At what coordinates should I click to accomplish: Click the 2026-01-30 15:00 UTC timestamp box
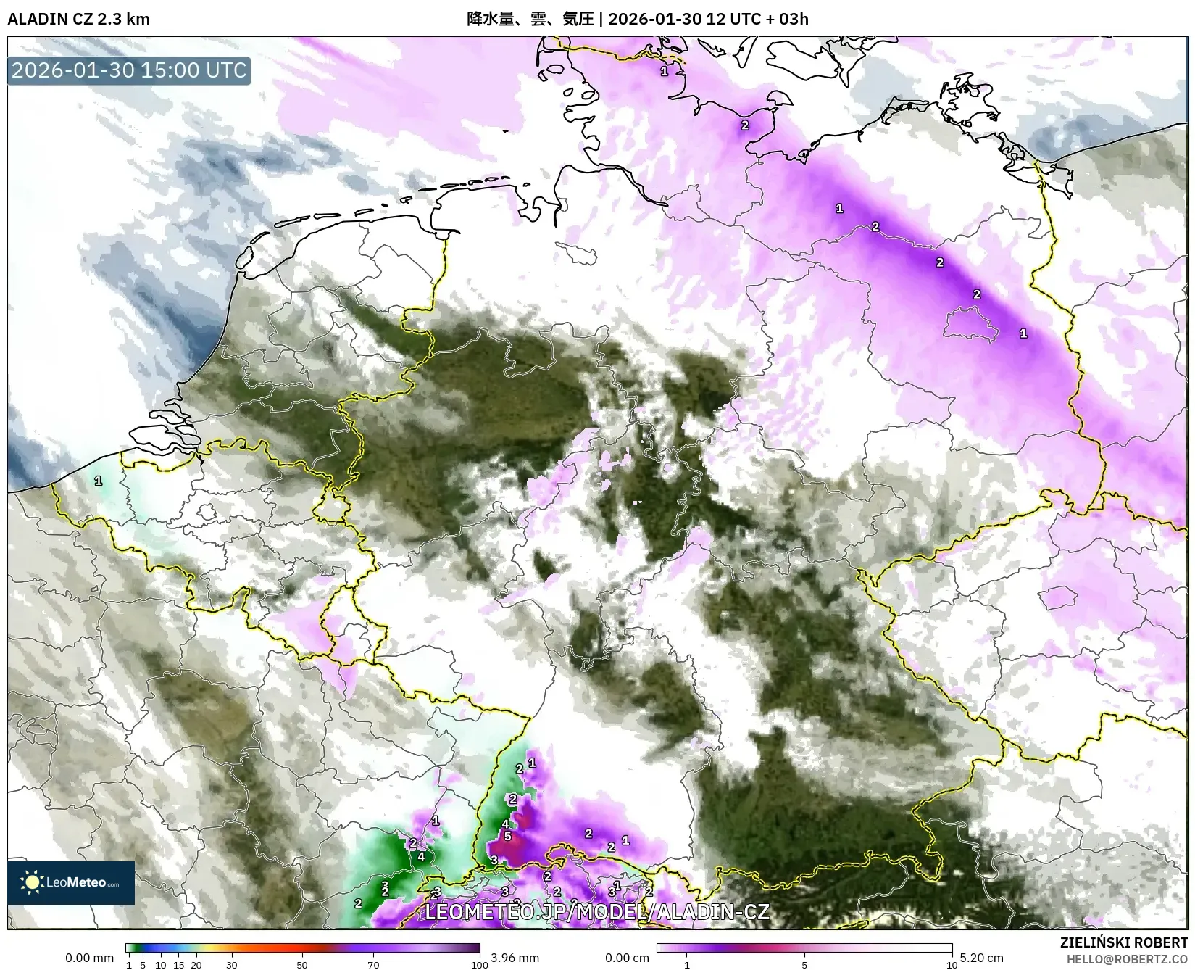(x=129, y=70)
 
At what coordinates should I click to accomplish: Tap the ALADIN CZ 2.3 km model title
(x=78, y=19)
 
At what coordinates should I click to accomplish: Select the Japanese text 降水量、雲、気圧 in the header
(x=530, y=19)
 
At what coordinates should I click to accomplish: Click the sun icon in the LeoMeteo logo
(x=32, y=882)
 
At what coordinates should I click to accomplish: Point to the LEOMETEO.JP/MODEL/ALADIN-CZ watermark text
(x=596, y=911)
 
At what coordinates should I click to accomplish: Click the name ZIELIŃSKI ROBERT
(x=1123, y=943)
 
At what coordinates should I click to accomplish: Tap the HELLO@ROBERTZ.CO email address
(x=1128, y=958)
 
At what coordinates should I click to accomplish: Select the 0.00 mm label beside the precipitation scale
(x=89, y=958)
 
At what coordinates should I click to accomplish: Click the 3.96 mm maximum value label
(x=515, y=958)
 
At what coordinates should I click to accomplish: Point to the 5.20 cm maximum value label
(x=982, y=958)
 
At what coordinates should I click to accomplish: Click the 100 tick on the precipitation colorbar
(x=479, y=965)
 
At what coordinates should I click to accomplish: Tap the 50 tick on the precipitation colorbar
(x=302, y=965)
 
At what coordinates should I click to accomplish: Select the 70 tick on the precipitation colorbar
(x=372, y=965)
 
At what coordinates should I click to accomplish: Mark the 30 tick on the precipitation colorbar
(x=231, y=965)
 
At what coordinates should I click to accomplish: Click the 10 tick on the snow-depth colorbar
(x=952, y=965)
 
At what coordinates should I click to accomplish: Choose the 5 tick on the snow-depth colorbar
(x=804, y=965)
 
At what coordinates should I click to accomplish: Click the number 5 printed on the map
(x=507, y=836)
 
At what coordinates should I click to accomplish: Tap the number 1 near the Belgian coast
(x=99, y=481)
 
